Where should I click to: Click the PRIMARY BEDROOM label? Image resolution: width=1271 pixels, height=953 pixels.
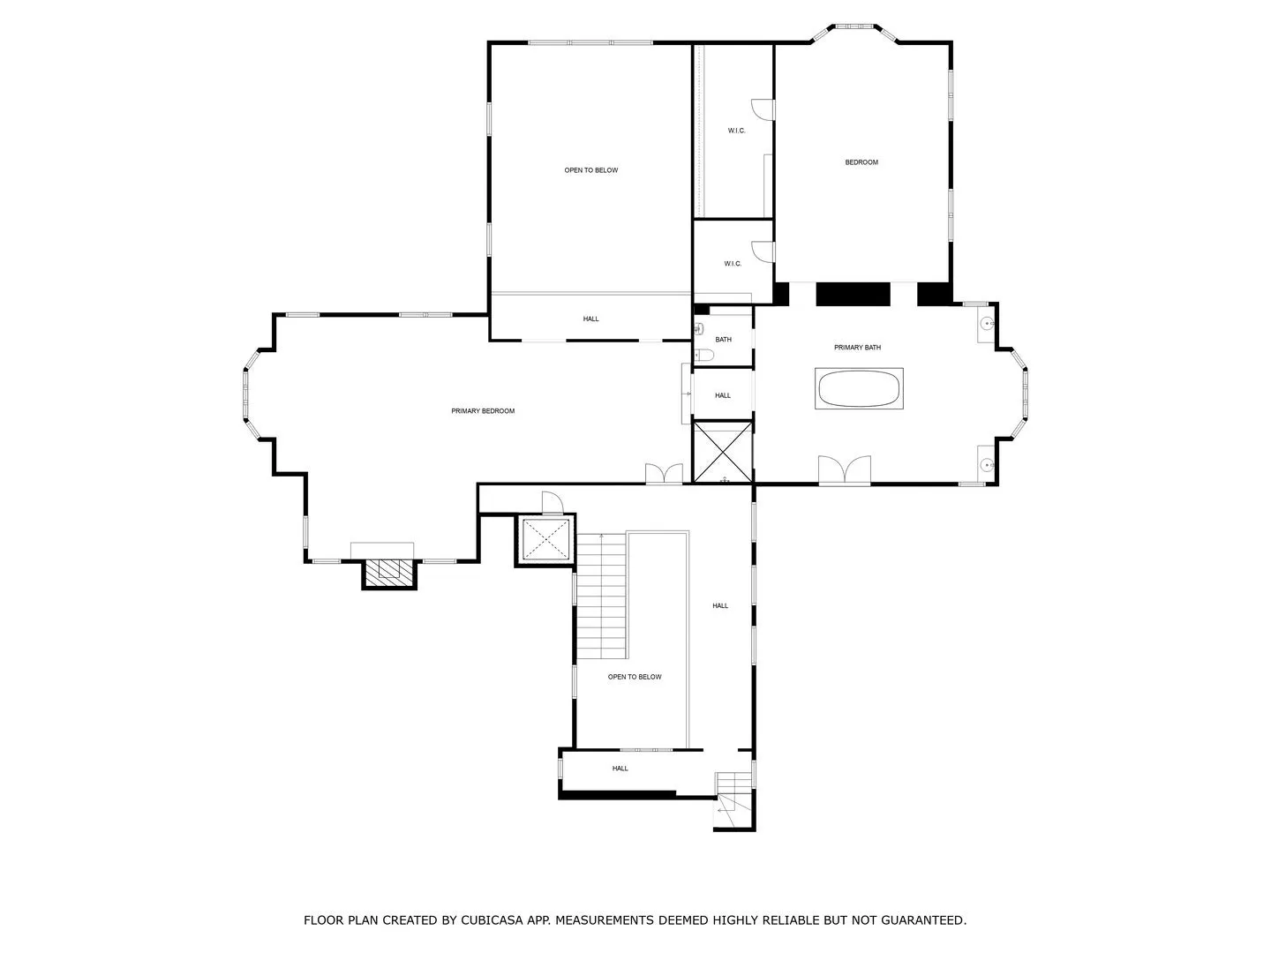(482, 411)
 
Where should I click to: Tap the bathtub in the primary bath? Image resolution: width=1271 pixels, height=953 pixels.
(858, 388)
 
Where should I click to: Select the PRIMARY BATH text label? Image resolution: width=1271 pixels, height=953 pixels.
(857, 347)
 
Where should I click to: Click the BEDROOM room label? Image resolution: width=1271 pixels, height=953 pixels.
(861, 162)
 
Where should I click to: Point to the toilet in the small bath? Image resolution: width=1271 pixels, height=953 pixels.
(702, 354)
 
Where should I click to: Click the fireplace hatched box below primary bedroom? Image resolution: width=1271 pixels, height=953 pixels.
(389, 574)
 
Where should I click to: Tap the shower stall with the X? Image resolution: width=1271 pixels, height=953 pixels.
(723, 452)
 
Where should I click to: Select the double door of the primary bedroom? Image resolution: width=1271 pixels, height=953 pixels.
(664, 473)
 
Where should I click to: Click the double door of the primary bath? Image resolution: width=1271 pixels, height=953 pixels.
(845, 469)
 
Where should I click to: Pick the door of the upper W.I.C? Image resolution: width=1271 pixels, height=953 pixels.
(763, 110)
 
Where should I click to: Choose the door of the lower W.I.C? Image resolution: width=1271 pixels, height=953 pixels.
(763, 251)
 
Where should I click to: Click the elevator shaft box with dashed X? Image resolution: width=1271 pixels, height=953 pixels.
(545, 539)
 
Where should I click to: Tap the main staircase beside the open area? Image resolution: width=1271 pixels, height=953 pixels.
(602, 596)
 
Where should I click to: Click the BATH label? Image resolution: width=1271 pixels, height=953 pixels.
(723, 340)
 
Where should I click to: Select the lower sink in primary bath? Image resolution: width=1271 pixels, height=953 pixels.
(986, 464)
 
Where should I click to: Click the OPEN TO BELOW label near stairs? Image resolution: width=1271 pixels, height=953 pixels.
(634, 677)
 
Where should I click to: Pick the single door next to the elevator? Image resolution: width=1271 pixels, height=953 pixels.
(552, 501)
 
